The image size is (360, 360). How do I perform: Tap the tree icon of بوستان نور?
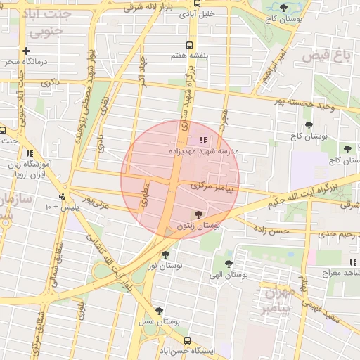click(x=165, y=255)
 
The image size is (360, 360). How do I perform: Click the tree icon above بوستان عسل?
click(x=159, y=311)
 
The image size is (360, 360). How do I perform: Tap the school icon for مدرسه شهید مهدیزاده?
click(x=203, y=140)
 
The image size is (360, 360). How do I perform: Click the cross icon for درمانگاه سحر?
click(x=26, y=51)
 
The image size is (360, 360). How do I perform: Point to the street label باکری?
click(x=51, y=83)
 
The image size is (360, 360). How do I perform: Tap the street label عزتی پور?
click(x=95, y=202)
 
